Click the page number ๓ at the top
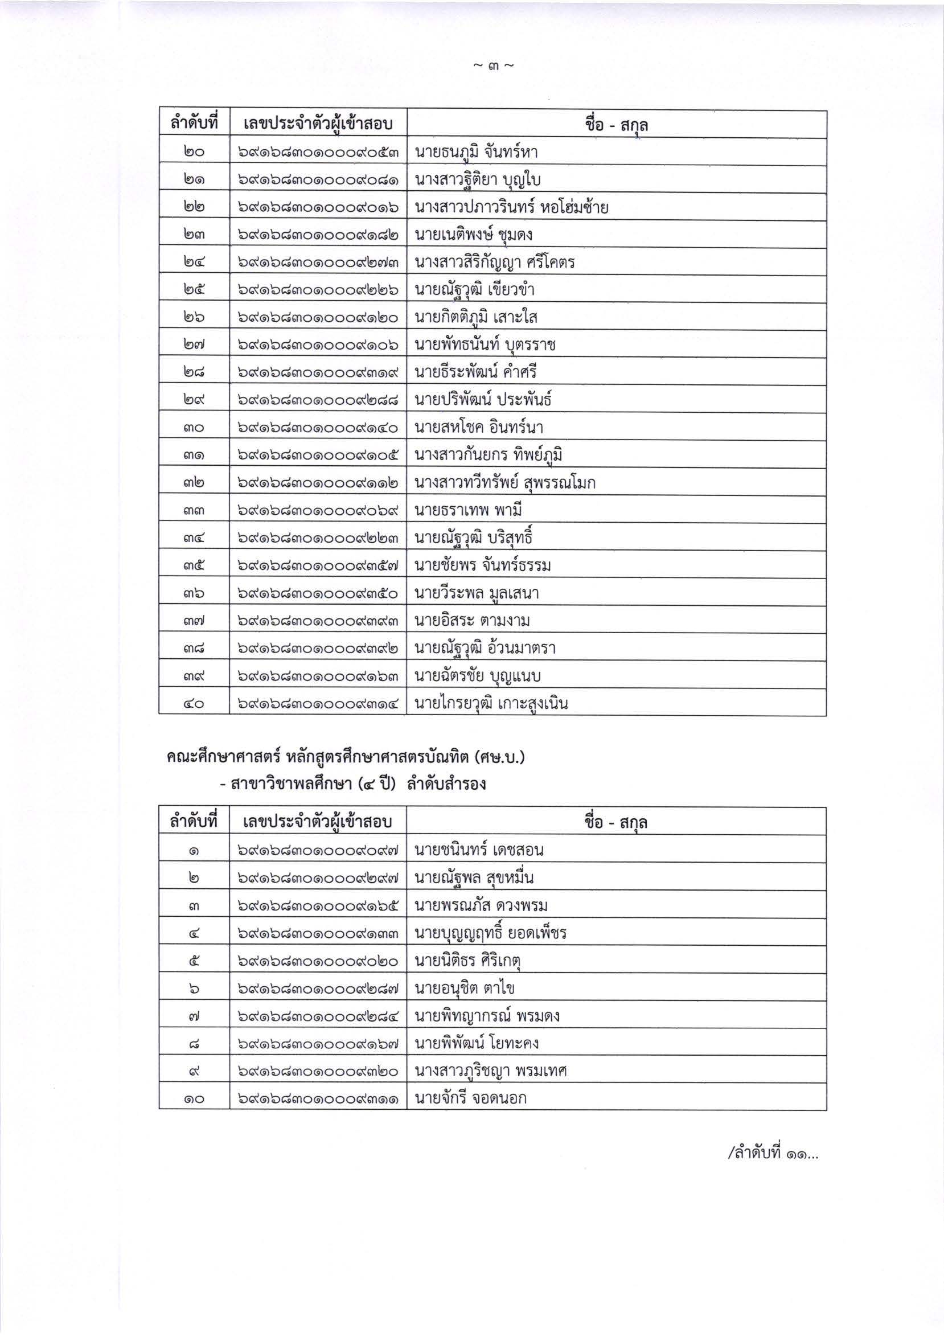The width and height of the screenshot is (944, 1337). click(493, 67)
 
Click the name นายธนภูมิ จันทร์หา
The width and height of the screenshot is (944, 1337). click(476, 153)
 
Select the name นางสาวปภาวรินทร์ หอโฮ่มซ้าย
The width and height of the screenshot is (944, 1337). click(511, 207)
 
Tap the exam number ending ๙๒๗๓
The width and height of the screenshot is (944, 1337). click(318, 263)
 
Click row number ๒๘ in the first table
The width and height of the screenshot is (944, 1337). click(195, 372)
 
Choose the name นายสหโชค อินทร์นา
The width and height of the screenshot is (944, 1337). click(479, 428)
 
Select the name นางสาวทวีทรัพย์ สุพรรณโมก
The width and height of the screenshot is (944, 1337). click(505, 483)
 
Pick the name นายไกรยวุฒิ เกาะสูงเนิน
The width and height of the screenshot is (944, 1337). click(491, 703)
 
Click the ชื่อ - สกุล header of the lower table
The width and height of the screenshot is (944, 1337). click(616, 822)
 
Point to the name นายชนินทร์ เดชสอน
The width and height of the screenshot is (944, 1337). click(479, 850)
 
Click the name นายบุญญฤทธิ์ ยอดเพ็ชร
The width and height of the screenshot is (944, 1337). click(490, 933)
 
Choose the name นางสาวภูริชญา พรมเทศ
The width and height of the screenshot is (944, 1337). click(491, 1071)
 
